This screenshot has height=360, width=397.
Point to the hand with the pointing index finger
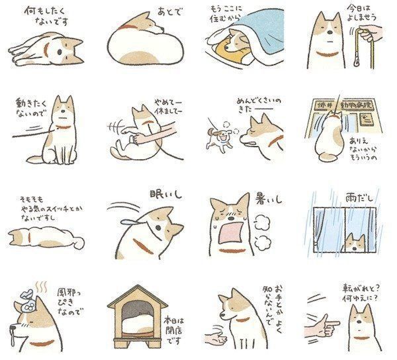point(322,326)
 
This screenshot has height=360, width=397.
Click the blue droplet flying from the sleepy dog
point(125,214)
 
